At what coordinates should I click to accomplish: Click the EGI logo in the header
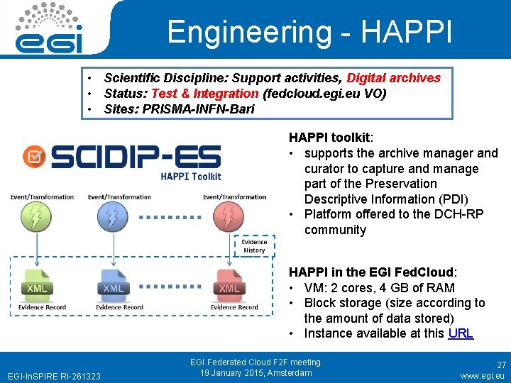click(x=50, y=28)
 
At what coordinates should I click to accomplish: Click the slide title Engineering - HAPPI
click(x=309, y=32)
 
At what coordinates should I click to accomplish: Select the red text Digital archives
click(x=394, y=78)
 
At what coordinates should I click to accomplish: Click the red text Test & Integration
click(x=205, y=94)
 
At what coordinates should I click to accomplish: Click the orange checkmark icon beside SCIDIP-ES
click(x=34, y=157)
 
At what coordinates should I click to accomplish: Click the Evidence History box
click(x=253, y=245)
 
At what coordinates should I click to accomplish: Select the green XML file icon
click(x=36, y=285)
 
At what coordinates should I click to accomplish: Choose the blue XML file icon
click(x=113, y=285)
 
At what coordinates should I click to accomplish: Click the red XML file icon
click(x=229, y=285)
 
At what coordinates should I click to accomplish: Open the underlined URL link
click(x=461, y=333)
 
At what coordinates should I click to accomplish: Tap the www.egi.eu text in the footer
click(x=483, y=375)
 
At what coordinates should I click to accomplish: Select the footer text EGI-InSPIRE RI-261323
click(x=54, y=375)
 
